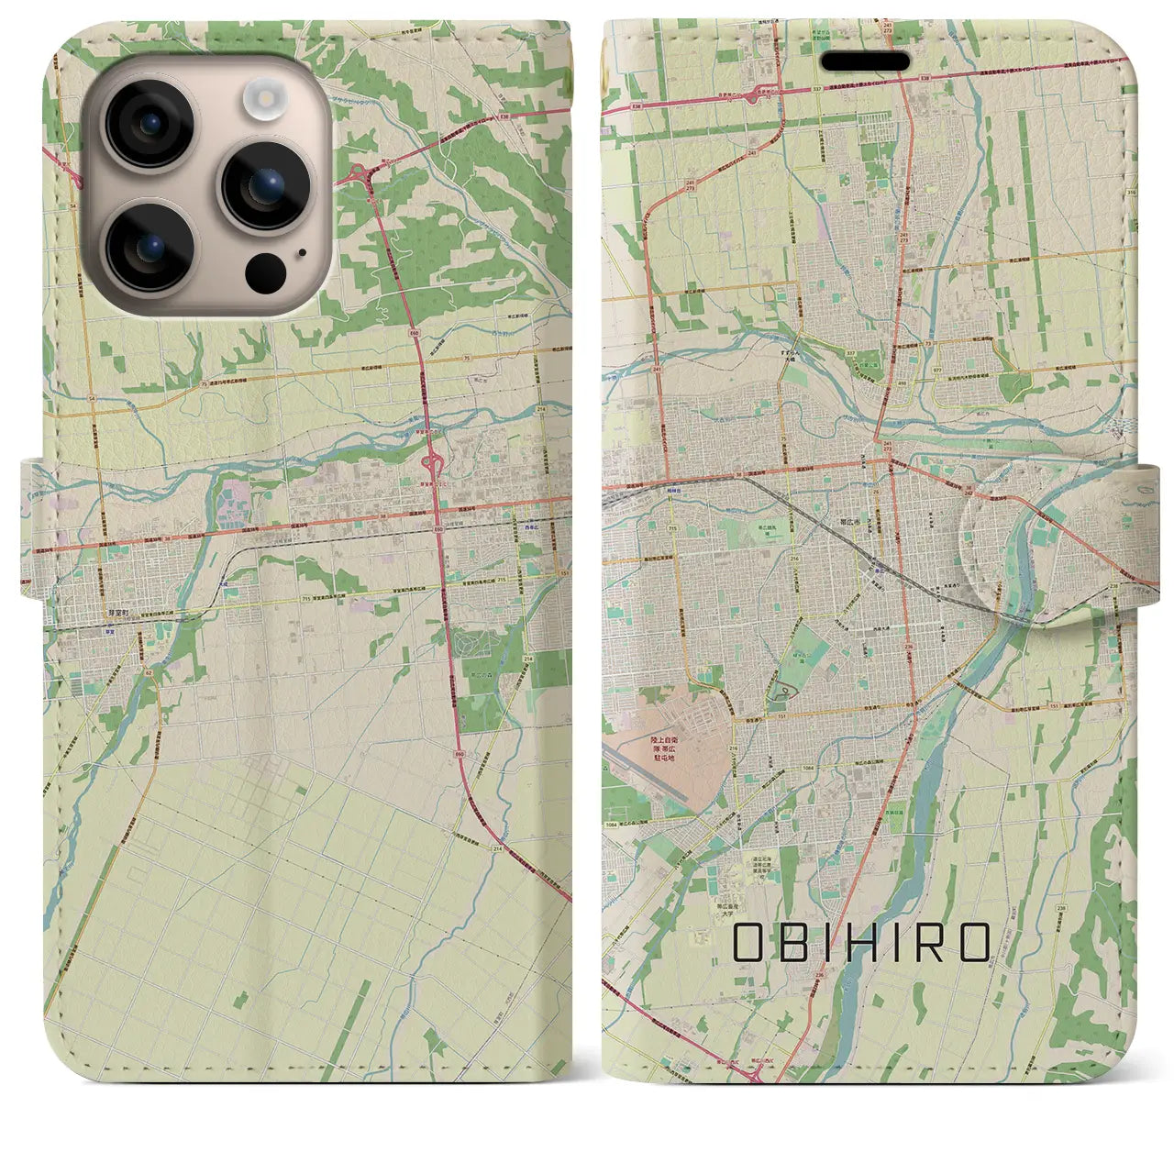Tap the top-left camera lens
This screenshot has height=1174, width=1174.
[x=149, y=124]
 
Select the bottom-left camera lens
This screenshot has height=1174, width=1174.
[x=149, y=245]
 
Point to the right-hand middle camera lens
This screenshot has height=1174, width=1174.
[x=266, y=185]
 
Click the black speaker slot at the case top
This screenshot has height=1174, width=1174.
[x=864, y=62]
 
